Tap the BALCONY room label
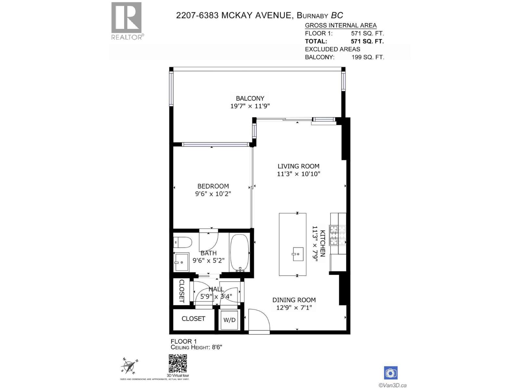coord(250,98)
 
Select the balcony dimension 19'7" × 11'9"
coord(250,106)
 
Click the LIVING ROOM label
coord(298,166)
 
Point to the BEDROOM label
coord(213,186)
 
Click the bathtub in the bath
coord(240,253)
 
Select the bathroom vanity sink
coord(181,262)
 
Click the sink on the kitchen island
coord(297,254)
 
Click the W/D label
coord(229,320)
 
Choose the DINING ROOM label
coord(294,300)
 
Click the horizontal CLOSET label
coord(193,319)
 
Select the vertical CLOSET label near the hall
coord(181,291)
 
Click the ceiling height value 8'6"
coord(216,347)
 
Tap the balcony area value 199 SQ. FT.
coord(368,57)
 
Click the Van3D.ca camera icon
coord(391,373)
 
